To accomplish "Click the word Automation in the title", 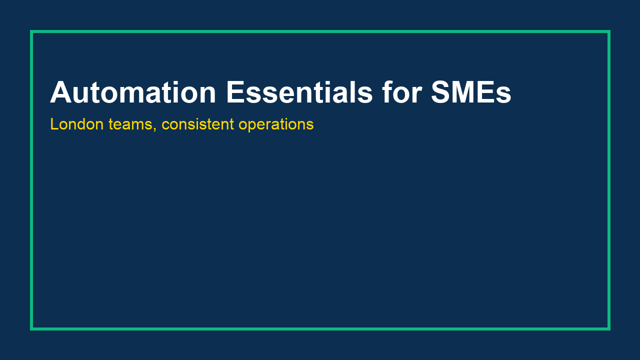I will click(133, 92).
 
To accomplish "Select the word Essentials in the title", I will click(299, 92).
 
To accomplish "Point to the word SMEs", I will click(470, 92).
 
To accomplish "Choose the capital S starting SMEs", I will click(441, 92).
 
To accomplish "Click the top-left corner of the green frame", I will click(31, 31).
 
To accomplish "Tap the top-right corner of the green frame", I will click(608, 31).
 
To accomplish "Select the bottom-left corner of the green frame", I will click(31, 328).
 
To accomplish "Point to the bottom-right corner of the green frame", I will click(608, 328).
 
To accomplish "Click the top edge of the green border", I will click(320, 31).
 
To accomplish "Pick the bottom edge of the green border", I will click(320, 328).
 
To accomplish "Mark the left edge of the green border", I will click(31, 180).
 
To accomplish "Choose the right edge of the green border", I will click(608, 180).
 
